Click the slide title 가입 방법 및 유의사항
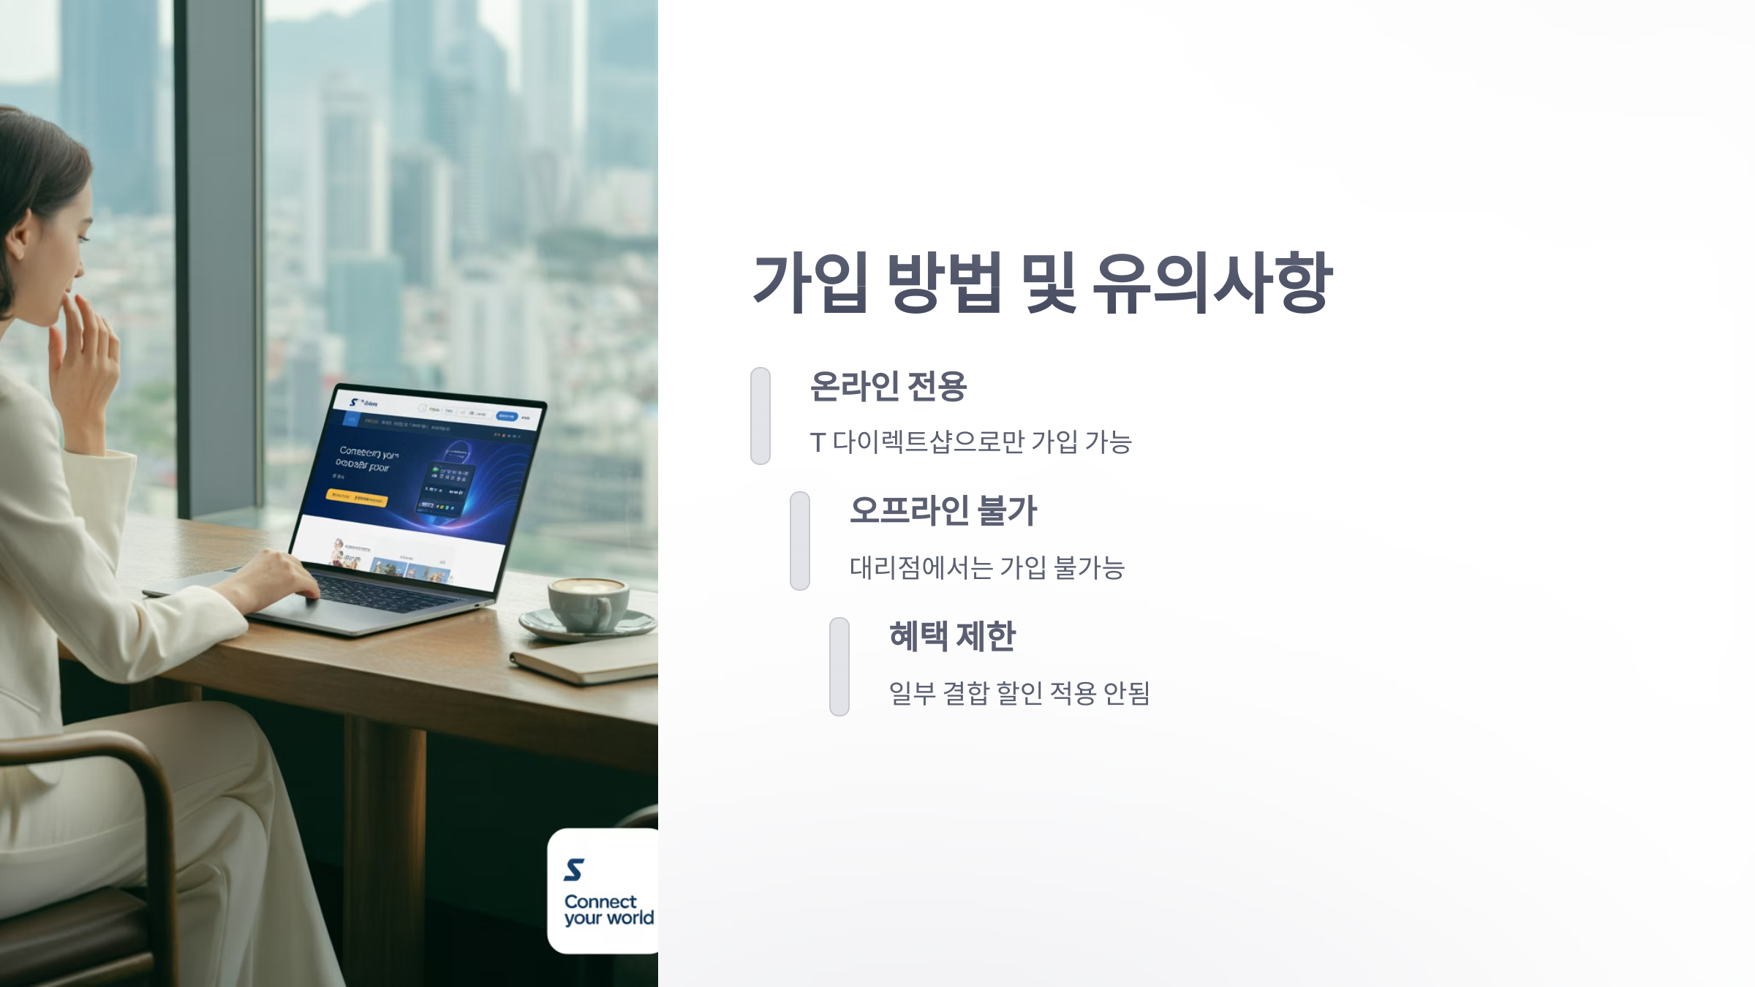point(1043,283)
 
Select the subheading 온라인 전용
point(888,386)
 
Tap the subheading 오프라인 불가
point(943,510)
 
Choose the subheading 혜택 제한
point(952,636)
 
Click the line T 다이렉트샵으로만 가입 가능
point(970,442)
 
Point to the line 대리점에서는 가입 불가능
point(986,567)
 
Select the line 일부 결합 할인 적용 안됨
point(1019,693)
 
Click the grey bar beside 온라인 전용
point(760,415)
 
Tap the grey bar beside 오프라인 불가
point(800,540)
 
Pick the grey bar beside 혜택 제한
point(839,666)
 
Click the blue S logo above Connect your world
point(574,870)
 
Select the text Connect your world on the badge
point(608,910)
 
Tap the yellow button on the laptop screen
point(356,498)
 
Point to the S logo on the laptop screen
point(353,402)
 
